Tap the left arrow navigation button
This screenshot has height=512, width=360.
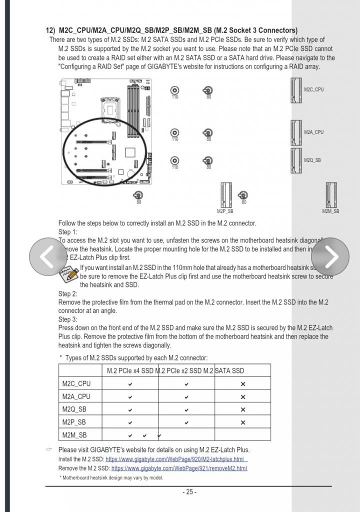pos(48,256)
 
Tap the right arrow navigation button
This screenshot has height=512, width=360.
pos(330,256)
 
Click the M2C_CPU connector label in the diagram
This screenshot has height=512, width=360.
pos(313,89)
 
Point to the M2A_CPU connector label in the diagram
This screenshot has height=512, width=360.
pos(313,132)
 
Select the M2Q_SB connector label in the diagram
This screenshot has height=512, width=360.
pos(312,160)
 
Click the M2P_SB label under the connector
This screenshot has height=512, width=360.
pos(225,211)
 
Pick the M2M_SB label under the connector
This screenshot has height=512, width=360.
pos(330,211)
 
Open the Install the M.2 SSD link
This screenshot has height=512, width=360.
pos(176,459)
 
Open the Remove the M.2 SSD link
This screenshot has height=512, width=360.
pos(179,468)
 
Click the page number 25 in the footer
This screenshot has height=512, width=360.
pos(189,492)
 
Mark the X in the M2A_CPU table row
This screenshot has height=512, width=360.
pos(243,397)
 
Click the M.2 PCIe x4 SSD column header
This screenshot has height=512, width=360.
pos(130,370)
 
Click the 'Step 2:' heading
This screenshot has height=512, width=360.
pos(68,293)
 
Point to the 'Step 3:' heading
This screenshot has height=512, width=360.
pos(68,319)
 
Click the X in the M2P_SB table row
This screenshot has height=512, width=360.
pos(243,422)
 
